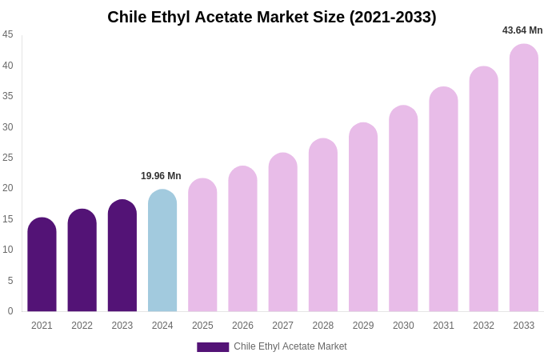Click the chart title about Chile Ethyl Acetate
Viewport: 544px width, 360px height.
pos(272,17)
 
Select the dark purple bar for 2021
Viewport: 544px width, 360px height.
pos(42,265)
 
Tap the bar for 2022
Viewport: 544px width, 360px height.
pos(82,261)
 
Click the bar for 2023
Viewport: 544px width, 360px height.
pos(122,256)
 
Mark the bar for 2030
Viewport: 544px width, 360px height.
pos(403,209)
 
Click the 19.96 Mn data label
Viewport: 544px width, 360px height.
pos(161,176)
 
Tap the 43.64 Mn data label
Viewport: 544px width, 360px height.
pos(522,30)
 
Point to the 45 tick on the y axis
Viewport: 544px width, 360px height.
pos(8,34)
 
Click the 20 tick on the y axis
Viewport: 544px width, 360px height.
pos(8,188)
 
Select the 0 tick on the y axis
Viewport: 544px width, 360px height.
pos(10,311)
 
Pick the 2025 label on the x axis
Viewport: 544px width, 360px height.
pos(202,326)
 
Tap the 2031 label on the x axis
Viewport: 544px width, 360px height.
pos(443,326)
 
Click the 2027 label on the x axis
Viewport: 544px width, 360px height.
pos(282,326)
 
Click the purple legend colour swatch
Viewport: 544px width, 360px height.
pos(213,347)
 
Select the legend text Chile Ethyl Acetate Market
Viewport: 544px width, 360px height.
pos(290,346)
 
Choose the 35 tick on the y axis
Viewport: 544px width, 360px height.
pos(8,96)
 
